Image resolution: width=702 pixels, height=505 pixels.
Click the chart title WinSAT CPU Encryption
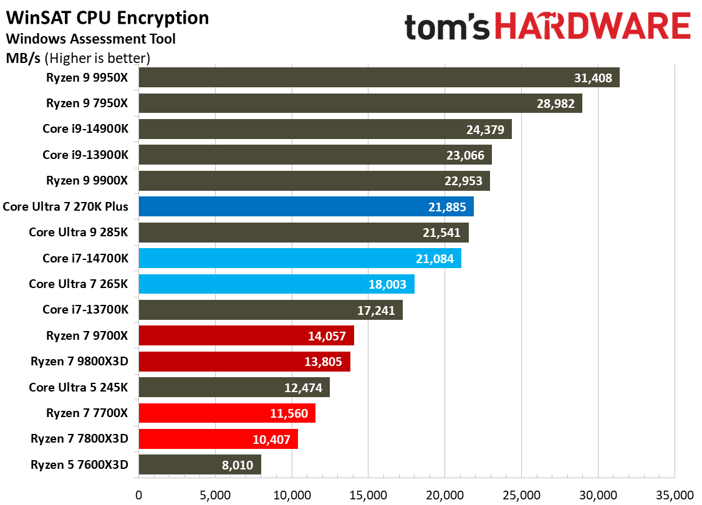pyautogui.click(x=107, y=17)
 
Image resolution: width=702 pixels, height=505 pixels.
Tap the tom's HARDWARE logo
pyautogui.click(x=547, y=27)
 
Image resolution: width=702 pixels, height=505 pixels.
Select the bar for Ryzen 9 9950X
pyautogui.click(x=379, y=78)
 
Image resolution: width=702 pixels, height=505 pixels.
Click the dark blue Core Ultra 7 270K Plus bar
pyautogui.click(x=306, y=206)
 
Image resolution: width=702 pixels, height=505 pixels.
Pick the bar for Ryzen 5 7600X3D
pyautogui.click(x=200, y=464)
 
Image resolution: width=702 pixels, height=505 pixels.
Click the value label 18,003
pyautogui.click(x=388, y=284)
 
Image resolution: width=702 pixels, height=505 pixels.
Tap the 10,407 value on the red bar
pyautogui.click(x=271, y=439)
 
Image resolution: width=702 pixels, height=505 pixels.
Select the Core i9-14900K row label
pyautogui.click(x=85, y=129)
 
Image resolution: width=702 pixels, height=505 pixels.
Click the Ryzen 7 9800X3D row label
pyautogui.click(x=79, y=362)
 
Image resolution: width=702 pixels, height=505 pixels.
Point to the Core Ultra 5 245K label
pyautogui.click(x=78, y=387)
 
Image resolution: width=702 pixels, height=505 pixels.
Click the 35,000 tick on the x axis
pyautogui.click(x=675, y=495)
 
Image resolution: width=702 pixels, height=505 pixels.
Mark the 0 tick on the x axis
pyautogui.click(x=138, y=495)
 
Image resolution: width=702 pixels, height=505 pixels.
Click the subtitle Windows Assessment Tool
pyautogui.click(x=90, y=39)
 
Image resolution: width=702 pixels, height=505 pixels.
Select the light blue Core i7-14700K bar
pyautogui.click(x=300, y=258)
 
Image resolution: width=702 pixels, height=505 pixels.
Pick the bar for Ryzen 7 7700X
pyautogui.click(x=227, y=413)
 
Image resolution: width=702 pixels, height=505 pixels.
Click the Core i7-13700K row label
pyautogui.click(x=85, y=310)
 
